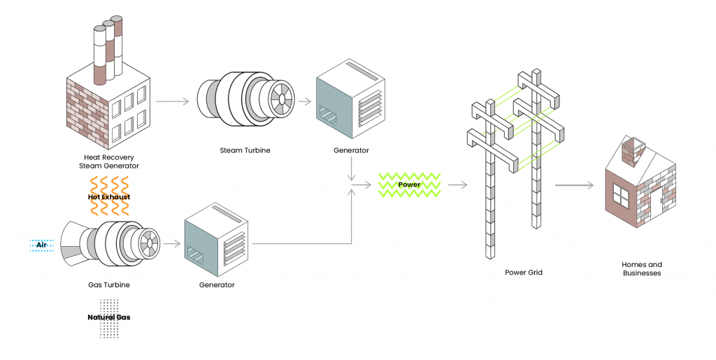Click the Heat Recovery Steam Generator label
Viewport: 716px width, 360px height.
click(108, 161)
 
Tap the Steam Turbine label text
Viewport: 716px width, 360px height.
click(245, 150)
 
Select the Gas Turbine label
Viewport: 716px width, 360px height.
click(109, 285)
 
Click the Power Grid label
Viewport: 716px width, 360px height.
click(524, 273)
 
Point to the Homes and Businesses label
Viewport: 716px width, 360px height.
click(641, 269)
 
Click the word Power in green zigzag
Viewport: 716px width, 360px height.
click(409, 185)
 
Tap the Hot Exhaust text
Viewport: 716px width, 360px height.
click(109, 197)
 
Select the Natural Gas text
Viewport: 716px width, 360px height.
click(109, 317)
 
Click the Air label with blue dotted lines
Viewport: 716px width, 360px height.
click(41, 245)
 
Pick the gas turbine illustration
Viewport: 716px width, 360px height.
click(112, 245)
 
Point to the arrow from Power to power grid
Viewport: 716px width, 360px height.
click(457, 185)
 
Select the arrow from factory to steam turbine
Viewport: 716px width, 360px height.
click(172, 101)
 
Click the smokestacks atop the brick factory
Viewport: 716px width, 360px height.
click(108, 49)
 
